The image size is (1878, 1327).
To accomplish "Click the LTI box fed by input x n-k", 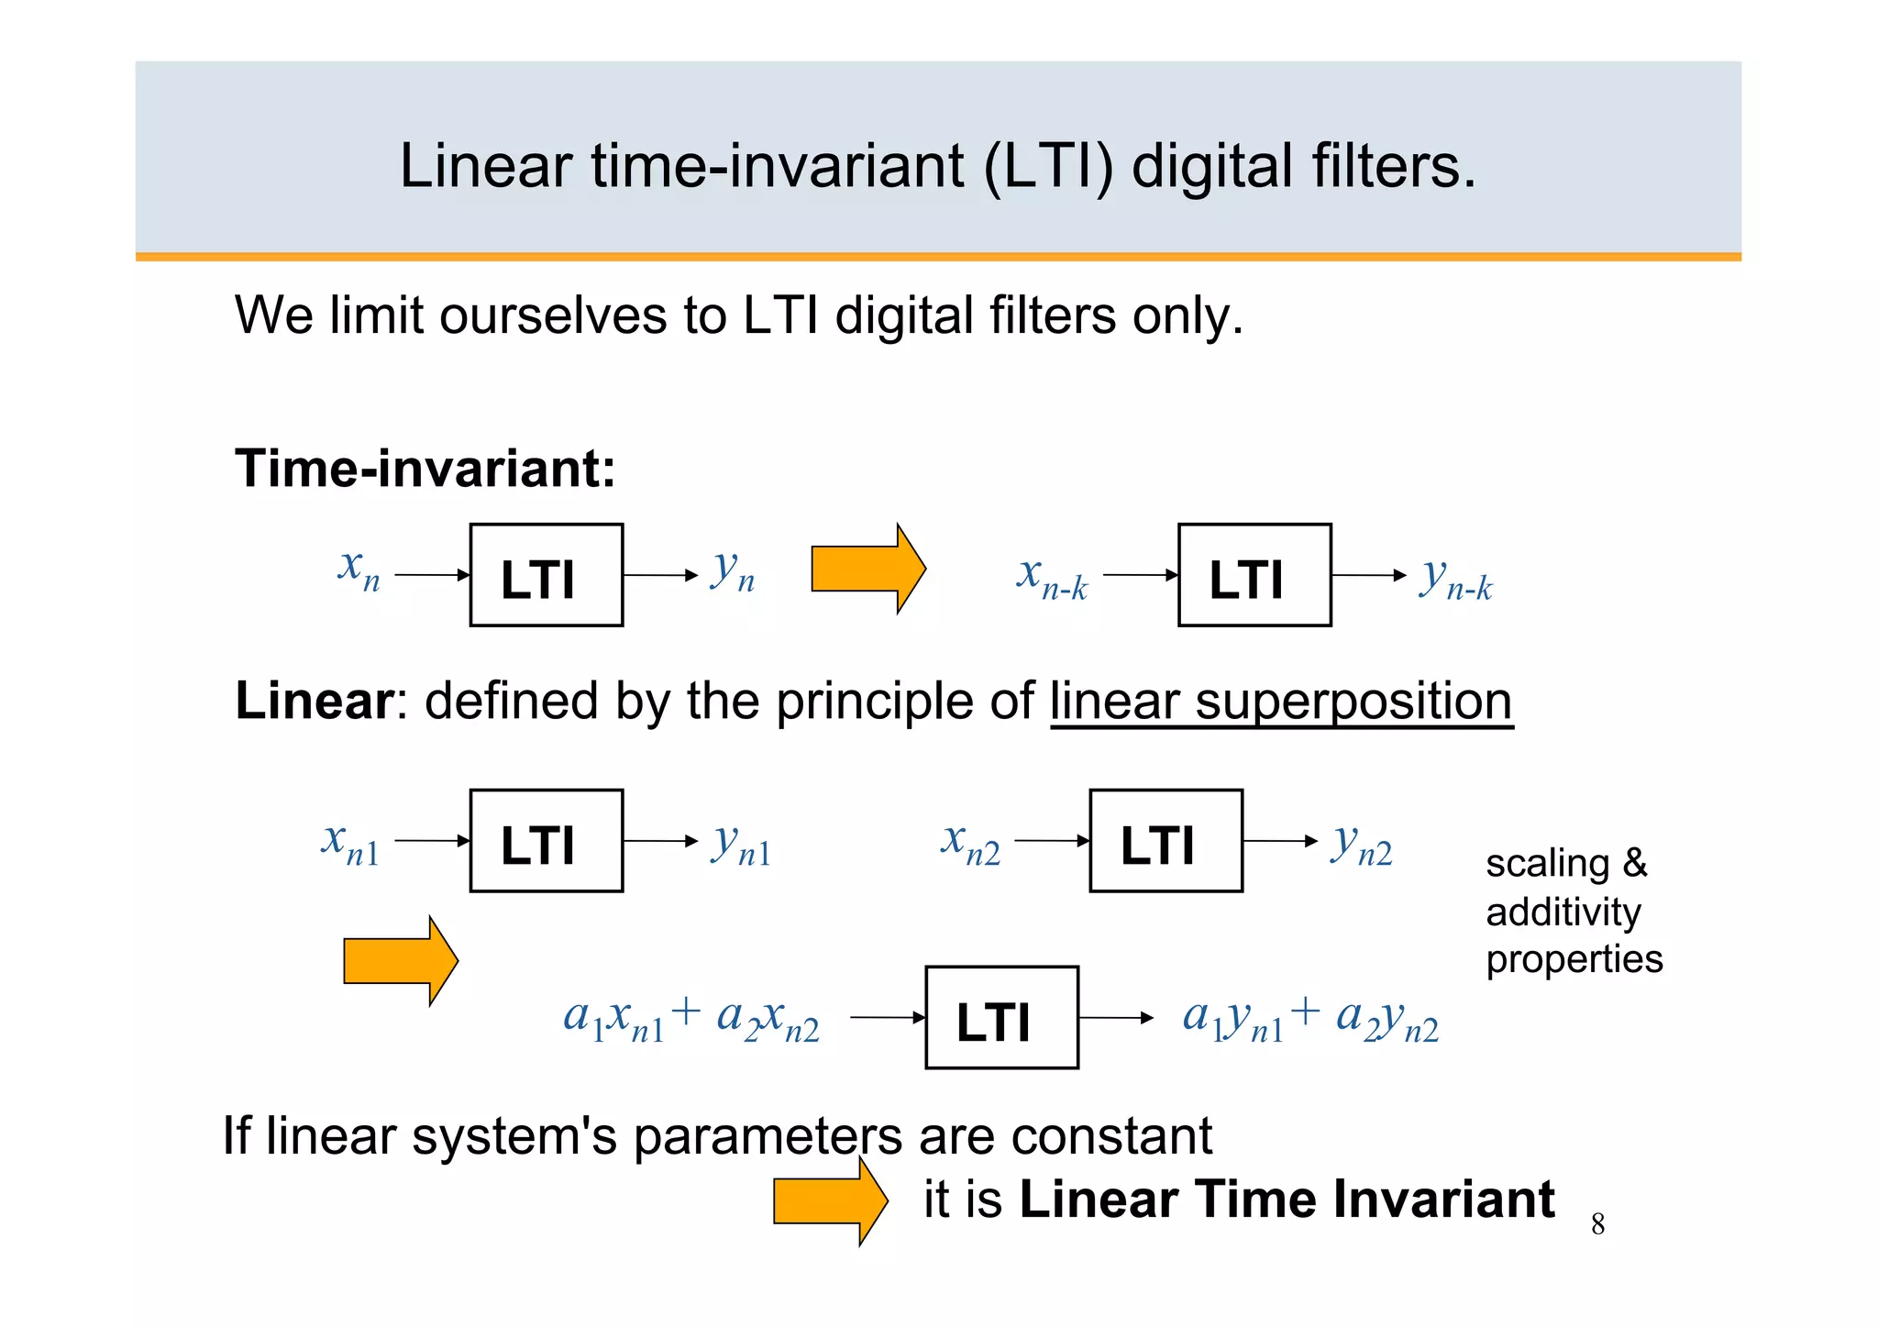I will tap(1254, 575).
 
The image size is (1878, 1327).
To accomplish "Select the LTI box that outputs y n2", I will tap(1165, 841).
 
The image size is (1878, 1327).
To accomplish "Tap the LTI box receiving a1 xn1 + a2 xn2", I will tap(1001, 1017).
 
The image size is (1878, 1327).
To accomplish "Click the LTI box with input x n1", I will tap(546, 841).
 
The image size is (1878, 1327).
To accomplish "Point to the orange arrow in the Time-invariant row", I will tap(867, 570).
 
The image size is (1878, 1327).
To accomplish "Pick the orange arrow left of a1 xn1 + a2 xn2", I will tap(400, 961).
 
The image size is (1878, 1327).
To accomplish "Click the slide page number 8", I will tap(1597, 1224).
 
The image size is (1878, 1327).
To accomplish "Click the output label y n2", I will tap(1363, 844).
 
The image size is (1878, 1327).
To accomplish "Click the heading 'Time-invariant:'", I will tap(425, 469).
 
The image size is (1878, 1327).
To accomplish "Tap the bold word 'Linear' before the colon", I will tap(315, 701).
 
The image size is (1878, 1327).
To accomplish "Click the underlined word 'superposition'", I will tap(1353, 702).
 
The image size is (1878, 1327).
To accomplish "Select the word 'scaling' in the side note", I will tap(1547, 864).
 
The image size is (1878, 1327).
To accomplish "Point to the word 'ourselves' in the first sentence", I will tap(553, 316).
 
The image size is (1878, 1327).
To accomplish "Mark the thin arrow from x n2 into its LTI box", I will tap(1052, 841).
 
